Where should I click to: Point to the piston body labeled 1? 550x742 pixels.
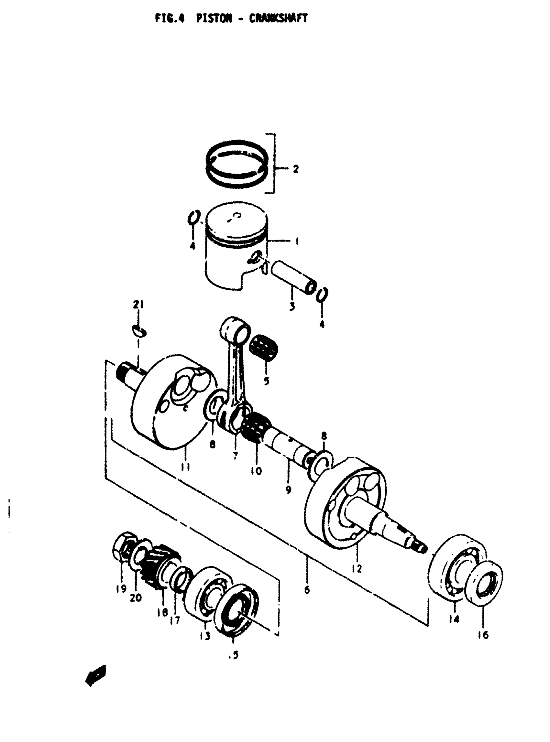(x=233, y=253)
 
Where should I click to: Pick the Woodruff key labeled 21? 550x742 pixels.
(x=138, y=331)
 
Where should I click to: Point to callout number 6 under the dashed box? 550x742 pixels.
(x=307, y=590)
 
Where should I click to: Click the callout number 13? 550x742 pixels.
(x=205, y=636)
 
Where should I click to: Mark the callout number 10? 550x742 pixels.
(x=257, y=470)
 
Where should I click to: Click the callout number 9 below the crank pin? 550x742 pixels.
(x=288, y=489)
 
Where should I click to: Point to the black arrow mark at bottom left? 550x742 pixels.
(x=96, y=675)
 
